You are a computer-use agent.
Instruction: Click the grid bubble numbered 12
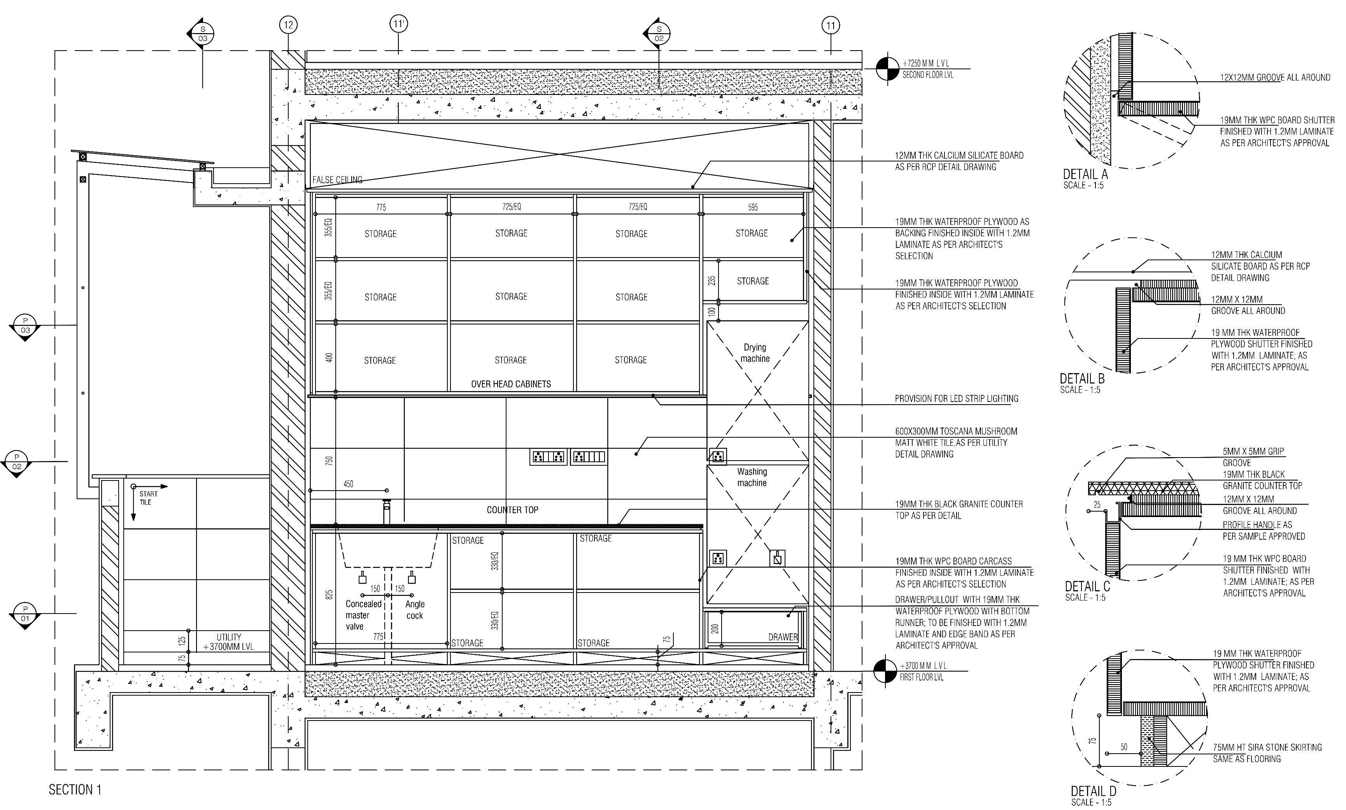(288, 25)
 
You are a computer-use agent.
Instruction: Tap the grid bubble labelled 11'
(399, 25)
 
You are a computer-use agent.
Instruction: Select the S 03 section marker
(202, 33)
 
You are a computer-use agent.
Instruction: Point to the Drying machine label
(755, 352)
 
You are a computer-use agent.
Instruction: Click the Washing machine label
(752, 477)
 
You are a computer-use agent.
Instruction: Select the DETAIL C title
(1087, 587)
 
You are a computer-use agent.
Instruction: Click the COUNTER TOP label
(512, 510)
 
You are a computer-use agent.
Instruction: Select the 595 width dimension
(752, 207)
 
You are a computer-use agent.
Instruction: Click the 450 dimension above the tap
(348, 484)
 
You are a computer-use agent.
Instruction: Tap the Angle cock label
(415, 610)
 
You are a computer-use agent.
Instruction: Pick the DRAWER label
(782, 637)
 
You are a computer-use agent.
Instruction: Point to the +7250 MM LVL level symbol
(887, 69)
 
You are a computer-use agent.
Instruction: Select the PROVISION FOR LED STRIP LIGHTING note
(956, 398)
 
